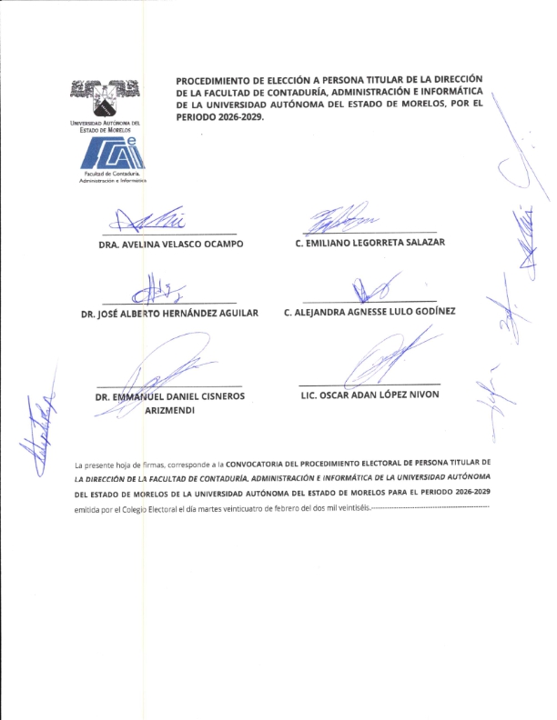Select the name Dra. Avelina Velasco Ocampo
[170, 245]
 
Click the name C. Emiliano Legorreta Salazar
[369, 243]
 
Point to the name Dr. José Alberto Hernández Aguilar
[170, 313]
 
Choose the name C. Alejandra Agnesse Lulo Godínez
[370, 312]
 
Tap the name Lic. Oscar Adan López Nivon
[370, 395]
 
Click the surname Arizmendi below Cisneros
[170, 411]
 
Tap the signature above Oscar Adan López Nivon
[387, 359]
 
